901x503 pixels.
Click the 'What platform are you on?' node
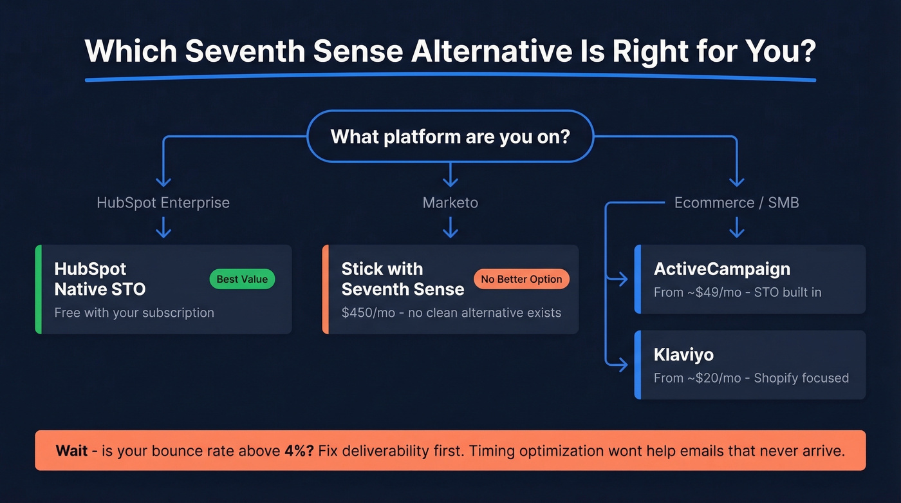[x=450, y=137]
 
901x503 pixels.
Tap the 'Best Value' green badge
[x=242, y=279]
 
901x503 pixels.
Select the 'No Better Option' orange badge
[x=521, y=279]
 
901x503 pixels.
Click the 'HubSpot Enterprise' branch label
[x=163, y=203]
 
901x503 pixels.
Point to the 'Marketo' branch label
[x=450, y=203]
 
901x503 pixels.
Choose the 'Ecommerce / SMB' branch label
[x=736, y=203]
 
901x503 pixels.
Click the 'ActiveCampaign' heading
[x=721, y=269]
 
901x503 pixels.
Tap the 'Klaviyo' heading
[x=683, y=355]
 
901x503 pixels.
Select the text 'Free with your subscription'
[x=134, y=313]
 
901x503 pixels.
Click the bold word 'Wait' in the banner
[x=71, y=451]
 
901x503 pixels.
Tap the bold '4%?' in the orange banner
[x=299, y=451]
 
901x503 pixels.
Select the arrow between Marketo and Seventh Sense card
[x=450, y=227]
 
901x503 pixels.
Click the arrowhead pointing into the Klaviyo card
[x=622, y=365]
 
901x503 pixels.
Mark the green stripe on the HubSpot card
[x=38, y=289]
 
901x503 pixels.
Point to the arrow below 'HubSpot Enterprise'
[x=163, y=227]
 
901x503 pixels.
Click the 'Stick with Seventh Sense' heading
[x=402, y=279]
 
